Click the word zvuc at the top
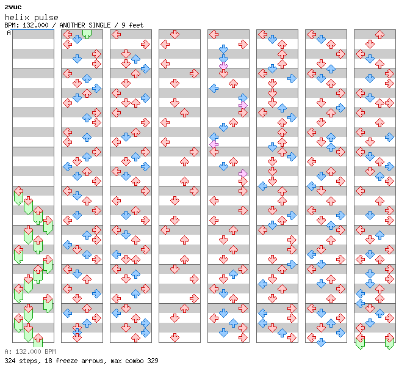[x=13, y=7]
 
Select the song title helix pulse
[x=31, y=17]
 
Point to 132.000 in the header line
[x=37, y=25]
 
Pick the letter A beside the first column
[x=9, y=33]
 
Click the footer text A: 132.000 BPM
[x=30, y=352]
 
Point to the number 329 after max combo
[x=153, y=361]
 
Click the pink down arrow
[x=224, y=65]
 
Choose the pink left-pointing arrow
[x=214, y=144]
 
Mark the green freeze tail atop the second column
[x=87, y=33]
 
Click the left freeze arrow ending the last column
[x=360, y=342]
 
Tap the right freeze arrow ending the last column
[x=389, y=342]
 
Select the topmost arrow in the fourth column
[x=174, y=35]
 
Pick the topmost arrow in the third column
[x=117, y=35]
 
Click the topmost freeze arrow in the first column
[x=18, y=194]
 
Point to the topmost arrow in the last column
[x=379, y=35]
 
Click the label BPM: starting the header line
[x=12, y=25]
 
